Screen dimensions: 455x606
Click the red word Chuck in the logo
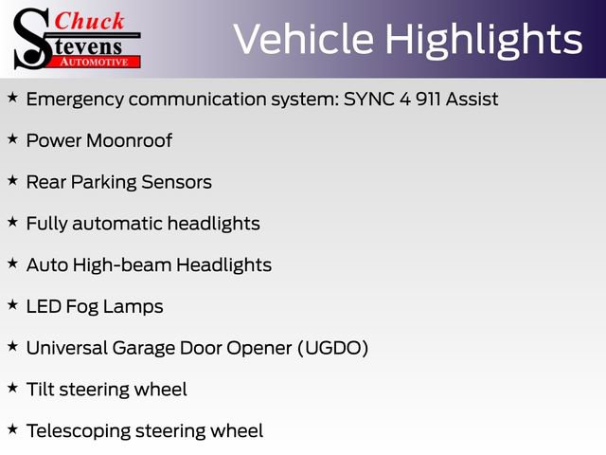(x=90, y=21)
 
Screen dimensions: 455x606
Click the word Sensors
(x=178, y=182)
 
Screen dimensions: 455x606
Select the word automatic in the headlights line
(x=116, y=224)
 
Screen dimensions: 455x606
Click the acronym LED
(x=44, y=306)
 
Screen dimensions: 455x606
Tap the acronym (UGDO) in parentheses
(x=332, y=348)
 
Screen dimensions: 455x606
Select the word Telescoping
(x=77, y=431)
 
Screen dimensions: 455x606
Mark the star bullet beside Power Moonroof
(x=12, y=139)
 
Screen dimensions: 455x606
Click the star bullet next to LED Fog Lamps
(x=12, y=305)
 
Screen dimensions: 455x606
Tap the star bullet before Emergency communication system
(x=12, y=98)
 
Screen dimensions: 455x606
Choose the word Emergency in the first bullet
(x=72, y=99)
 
